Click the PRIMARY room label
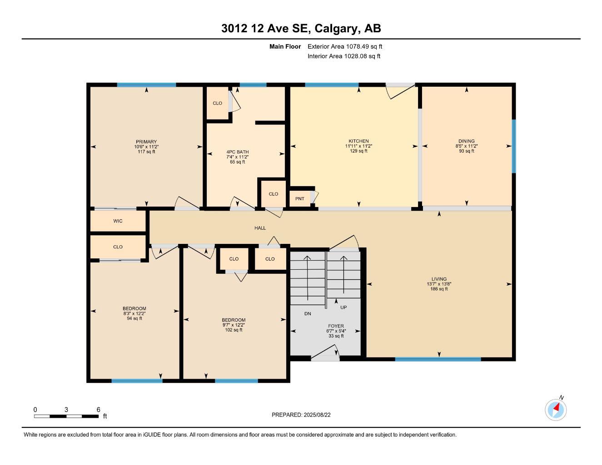[x=146, y=142]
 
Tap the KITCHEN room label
[x=358, y=141]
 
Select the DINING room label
[x=466, y=141]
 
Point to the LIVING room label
[x=439, y=279]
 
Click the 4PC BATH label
[x=238, y=152]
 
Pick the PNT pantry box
[x=300, y=198]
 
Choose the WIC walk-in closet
[x=118, y=221]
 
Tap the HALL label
[x=260, y=228]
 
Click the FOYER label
[x=336, y=326]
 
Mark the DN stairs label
[x=308, y=314]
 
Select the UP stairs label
[x=343, y=307]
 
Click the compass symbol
[x=556, y=410]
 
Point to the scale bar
[x=66, y=416]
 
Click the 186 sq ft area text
[x=439, y=289]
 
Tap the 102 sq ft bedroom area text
[x=234, y=330]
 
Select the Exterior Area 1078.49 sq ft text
[x=345, y=46]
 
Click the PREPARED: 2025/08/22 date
[x=301, y=415]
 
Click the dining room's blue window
[x=514, y=146]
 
